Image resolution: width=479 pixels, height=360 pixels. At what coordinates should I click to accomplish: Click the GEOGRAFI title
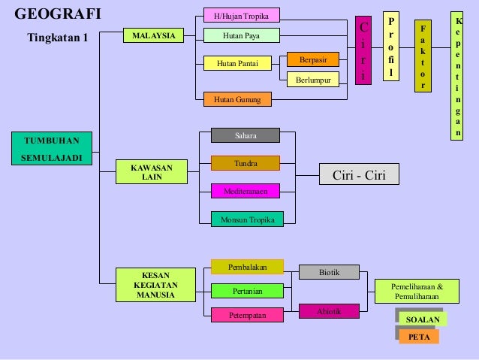point(57,14)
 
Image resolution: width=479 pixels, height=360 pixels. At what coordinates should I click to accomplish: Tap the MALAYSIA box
point(153,35)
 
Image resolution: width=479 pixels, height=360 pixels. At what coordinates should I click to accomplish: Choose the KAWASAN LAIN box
point(152,172)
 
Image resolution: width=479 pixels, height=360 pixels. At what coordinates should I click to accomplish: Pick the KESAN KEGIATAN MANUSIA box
point(155,285)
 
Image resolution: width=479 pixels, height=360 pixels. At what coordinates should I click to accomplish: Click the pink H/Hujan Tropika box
point(241,15)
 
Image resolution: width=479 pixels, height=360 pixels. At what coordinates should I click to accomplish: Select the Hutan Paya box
point(241,35)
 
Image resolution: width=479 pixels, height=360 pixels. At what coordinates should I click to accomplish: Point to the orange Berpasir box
point(312,59)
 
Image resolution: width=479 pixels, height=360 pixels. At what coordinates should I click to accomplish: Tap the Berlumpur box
point(312,79)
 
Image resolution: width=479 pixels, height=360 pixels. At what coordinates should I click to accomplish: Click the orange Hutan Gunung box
point(237,98)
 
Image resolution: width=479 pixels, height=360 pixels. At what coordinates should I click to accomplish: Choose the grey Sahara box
point(245,135)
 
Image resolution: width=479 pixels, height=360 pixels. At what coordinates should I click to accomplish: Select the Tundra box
point(245,163)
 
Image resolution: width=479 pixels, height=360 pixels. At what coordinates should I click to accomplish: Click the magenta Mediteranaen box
point(245,191)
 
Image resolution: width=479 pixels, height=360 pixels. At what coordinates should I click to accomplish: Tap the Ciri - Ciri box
point(358,174)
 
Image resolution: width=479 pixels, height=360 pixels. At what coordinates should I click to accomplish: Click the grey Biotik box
point(329,272)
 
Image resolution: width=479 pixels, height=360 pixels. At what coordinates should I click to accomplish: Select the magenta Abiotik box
point(329,310)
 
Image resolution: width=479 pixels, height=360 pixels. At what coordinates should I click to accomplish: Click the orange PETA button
point(419,337)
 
